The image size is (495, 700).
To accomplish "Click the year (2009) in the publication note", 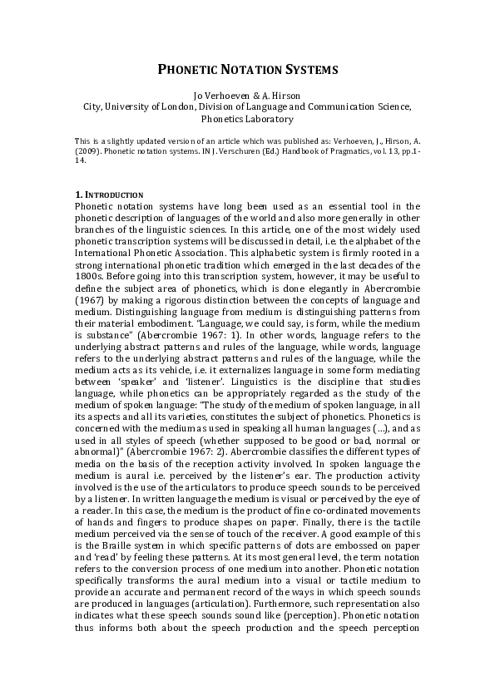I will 87,152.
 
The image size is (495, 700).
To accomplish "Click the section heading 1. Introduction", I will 109,195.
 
